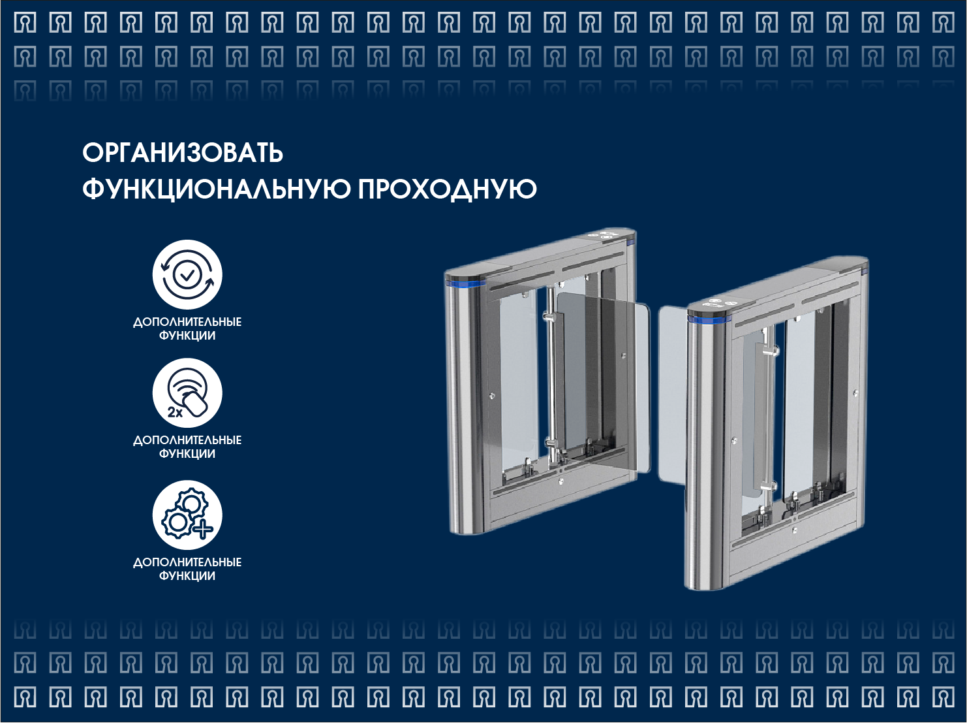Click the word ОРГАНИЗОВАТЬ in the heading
[183, 153]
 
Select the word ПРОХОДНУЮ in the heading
[447, 189]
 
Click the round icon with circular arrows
[187, 274]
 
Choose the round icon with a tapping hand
[187, 393]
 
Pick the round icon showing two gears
[187, 515]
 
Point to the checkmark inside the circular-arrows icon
[187, 275]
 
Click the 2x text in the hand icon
[175, 412]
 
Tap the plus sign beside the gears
[203, 528]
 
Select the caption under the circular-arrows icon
[187, 329]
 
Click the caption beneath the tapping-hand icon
[187, 447]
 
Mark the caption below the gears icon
[187, 569]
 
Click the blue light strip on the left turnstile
[465, 284]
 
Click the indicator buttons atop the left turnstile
[608, 234]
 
